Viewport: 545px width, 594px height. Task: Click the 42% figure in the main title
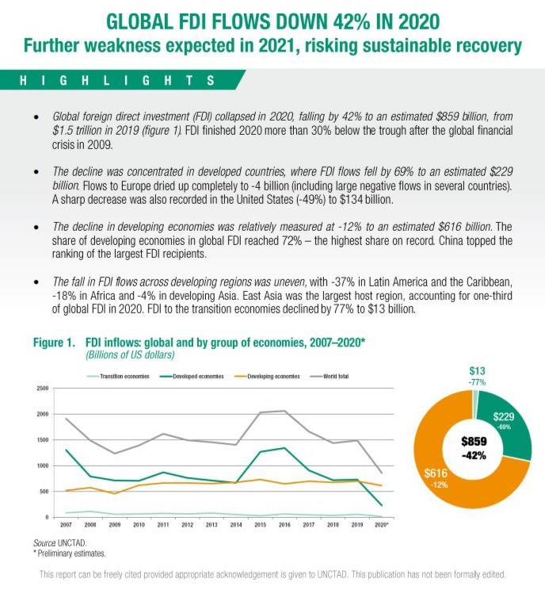coord(352,21)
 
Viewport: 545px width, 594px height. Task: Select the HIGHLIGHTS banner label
coord(117,80)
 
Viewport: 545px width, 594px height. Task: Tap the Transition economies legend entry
coord(118,376)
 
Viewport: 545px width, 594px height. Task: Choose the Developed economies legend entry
coord(192,376)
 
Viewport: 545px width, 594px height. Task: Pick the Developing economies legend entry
coord(267,376)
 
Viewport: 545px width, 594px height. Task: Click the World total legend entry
coord(330,376)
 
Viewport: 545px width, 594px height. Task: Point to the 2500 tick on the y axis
coord(43,389)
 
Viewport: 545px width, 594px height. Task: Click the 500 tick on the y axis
coord(44,492)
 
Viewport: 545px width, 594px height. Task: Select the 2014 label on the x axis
coord(236,525)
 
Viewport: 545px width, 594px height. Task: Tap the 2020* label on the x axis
coord(382,525)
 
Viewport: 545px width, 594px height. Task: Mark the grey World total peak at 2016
coord(284,411)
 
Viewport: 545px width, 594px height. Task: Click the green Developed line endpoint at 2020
coord(382,505)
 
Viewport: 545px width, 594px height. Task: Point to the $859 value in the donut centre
coord(474,441)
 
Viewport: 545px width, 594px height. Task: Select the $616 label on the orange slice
coord(436,473)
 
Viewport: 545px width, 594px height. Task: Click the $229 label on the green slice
coord(503,416)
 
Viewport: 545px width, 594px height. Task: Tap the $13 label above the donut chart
coord(477,371)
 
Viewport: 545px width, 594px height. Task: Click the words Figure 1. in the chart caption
coord(54,343)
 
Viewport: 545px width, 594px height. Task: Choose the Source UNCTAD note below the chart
coord(59,543)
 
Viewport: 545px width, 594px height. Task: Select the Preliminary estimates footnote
coord(70,554)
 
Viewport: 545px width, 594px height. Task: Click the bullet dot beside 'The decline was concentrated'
coord(36,172)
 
